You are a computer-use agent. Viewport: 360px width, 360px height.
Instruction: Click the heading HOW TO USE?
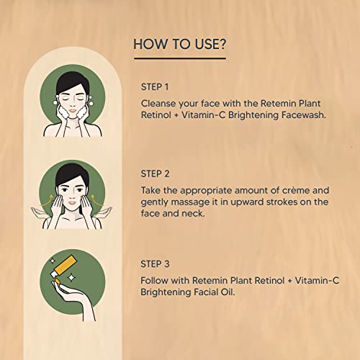[x=179, y=45]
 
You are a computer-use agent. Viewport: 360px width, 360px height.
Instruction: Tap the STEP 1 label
[x=155, y=87]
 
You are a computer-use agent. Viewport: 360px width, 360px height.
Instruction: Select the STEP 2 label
[x=155, y=174]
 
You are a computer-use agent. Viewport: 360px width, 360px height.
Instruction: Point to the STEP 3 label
[x=155, y=264]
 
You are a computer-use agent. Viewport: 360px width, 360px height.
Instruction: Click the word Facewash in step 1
[x=304, y=115]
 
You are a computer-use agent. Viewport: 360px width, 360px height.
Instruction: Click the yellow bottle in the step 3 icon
[x=64, y=266]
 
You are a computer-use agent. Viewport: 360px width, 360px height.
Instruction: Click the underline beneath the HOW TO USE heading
[x=180, y=58]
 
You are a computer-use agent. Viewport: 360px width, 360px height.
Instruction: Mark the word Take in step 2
[x=150, y=191]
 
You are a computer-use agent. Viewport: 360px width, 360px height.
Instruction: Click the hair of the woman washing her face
[x=72, y=81]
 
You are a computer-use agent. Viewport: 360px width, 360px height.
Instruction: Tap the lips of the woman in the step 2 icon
[x=73, y=202]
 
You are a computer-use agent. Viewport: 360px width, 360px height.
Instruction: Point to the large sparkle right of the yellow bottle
[x=71, y=278]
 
